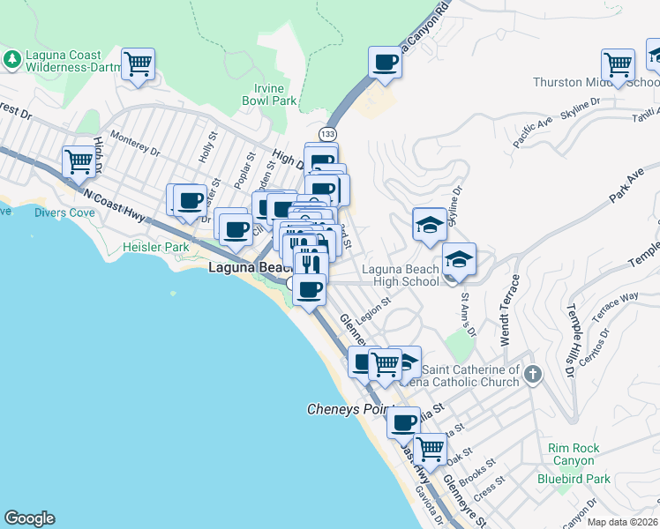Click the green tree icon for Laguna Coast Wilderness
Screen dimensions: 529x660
coord(12,59)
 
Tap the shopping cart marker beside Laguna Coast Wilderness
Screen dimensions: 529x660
coord(138,64)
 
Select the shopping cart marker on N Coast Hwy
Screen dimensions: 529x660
coord(79,162)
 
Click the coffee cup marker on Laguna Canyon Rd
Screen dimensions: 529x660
coord(384,63)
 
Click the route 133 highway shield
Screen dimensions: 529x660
coord(327,133)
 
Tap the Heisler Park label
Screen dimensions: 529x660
coord(156,248)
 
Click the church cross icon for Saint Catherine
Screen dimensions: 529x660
coord(531,375)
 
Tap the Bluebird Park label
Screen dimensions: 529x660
coord(574,479)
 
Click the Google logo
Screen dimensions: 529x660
coord(29,518)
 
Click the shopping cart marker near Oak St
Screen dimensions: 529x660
coord(430,448)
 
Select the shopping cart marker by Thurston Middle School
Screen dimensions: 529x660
coord(618,64)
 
